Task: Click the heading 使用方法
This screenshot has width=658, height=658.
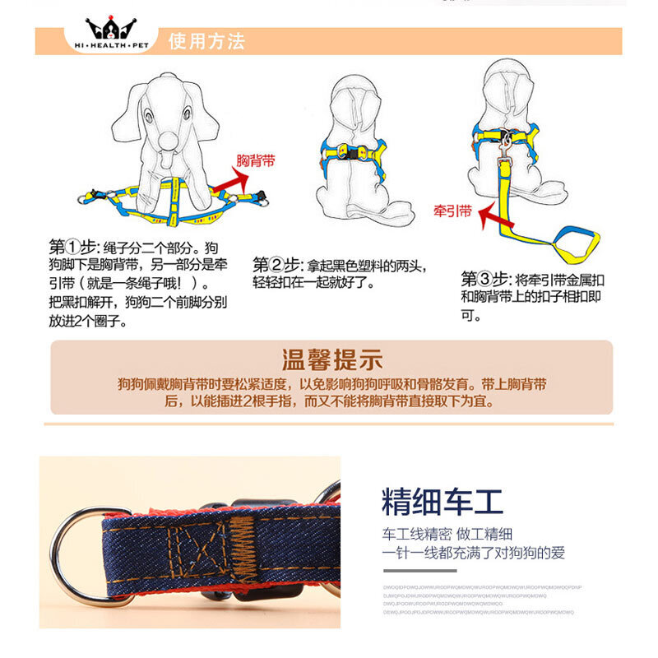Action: click(206, 41)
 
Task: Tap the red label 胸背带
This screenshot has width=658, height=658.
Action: click(256, 160)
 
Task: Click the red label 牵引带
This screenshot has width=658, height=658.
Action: click(452, 211)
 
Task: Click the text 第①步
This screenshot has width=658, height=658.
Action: click(73, 247)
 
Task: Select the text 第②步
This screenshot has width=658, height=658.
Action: click(278, 265)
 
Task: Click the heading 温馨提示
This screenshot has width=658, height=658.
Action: click(331, 359)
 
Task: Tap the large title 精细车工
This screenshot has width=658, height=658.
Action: click(442, 501)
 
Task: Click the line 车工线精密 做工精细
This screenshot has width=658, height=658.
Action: click(459, 532)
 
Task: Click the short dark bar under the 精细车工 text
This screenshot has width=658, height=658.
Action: click(419, 570)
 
